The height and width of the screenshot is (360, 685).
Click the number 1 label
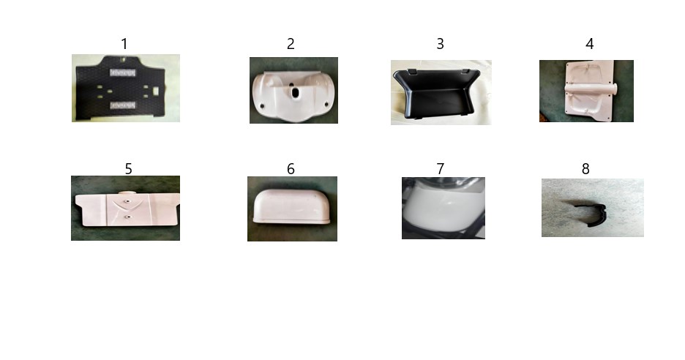tap(124, 44)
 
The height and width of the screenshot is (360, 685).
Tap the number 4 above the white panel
tap(589, 44)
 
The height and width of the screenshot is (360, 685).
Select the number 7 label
tap(441, 168)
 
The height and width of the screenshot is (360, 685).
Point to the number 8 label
tap(585, 168)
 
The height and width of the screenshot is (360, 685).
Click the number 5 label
tap(129, 169)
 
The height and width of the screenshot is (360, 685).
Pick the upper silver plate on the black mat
tap(122, 72)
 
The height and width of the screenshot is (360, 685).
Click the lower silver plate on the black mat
tap(122, 105)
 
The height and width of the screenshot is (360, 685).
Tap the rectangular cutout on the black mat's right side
tap(157, 91)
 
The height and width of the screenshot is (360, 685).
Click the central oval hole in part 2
tap(295, 93)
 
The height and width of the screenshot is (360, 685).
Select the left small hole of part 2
tap(262, 105)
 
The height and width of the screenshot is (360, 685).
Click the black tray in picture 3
tap(438, 94)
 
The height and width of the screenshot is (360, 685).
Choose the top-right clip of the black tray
tap(465, 70)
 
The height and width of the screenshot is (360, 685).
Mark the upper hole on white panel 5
tap(127, 201)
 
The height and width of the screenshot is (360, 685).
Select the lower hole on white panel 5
tap(127, 217)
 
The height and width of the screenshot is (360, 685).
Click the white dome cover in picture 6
tap(292, 206)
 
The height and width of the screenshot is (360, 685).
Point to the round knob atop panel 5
tap(127, 192)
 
